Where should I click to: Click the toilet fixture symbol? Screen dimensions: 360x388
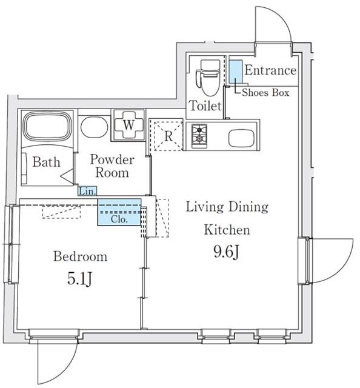(208, 78)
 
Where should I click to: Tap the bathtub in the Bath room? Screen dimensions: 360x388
(47, 127)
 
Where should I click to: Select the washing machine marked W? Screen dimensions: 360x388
(128, 125)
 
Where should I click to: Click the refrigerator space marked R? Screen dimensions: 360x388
(168, 136)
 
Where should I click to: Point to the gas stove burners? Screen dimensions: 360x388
(199, 136)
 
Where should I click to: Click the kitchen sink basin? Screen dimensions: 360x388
(241, 138)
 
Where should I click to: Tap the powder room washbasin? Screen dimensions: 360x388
(95, 127)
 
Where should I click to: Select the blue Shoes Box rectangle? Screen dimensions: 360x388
(235, 72)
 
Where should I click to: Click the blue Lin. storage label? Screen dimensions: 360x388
(88, 192)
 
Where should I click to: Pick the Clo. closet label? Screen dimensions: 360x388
(119, 219)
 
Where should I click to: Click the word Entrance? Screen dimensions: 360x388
(270, 70)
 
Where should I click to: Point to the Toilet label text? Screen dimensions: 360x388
(205, 106)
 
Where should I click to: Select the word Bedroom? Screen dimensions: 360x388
(81, 256)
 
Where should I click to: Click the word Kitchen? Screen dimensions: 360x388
(227, 230)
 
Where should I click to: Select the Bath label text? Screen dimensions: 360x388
(47, 162)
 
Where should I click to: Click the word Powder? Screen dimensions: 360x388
(112, 159)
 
